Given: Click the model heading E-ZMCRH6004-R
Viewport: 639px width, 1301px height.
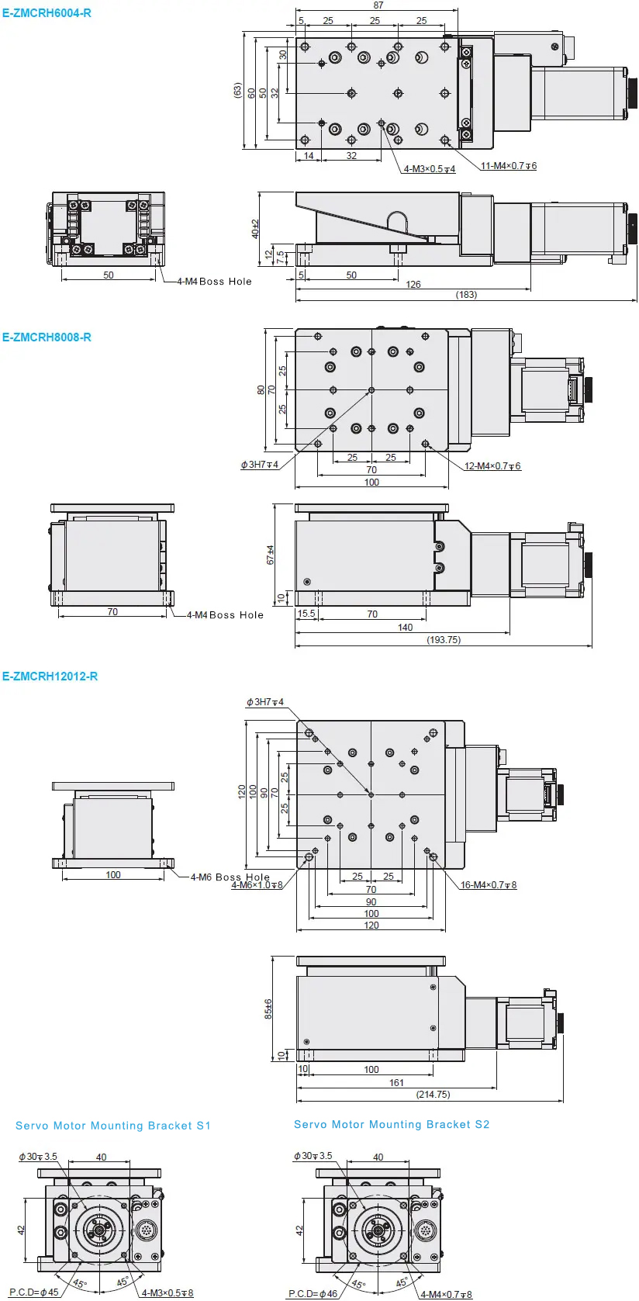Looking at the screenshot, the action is [x=47, y=12].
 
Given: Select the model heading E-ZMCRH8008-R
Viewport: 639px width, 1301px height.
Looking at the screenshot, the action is [x=47, y=337].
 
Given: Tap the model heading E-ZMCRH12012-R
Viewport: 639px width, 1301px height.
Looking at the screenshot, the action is [x=50, y=676].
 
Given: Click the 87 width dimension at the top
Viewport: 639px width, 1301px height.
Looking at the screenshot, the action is [x=378, y=5].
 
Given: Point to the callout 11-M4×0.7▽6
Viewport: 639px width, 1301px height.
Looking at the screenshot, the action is [x=509, y=166].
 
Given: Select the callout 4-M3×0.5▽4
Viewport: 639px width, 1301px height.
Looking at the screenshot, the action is [x=430, y=169].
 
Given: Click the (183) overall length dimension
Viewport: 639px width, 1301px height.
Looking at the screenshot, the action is [x=466, y=295].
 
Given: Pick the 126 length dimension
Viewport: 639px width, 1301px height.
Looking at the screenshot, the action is [x=413, y=284].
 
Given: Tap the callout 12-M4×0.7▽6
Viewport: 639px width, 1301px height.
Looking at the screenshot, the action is [x=492, y=465].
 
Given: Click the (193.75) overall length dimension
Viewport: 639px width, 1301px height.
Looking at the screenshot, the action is [x=444, y=639].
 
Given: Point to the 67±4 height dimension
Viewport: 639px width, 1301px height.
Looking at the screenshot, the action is [x=270, y=555].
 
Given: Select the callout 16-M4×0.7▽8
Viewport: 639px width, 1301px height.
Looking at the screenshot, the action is [x=489, y=885].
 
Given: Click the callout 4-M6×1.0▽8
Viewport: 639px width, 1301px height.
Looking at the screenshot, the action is [x=257, y=885].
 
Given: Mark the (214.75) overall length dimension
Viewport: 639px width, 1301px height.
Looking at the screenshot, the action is [x=433, y=1094].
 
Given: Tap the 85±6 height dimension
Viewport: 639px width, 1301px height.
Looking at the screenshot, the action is [x=268, y=1009].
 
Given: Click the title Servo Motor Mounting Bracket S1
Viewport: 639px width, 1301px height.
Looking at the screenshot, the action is [x=113, y=1126].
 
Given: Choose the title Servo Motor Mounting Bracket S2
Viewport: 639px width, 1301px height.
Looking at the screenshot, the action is [x=392, y=1124].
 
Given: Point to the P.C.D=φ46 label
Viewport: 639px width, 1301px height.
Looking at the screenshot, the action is [x=313, y=1294].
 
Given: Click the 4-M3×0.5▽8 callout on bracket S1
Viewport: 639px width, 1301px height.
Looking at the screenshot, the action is [x=168, y=1293].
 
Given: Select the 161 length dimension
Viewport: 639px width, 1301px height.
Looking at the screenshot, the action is [x=396, y=1083].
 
